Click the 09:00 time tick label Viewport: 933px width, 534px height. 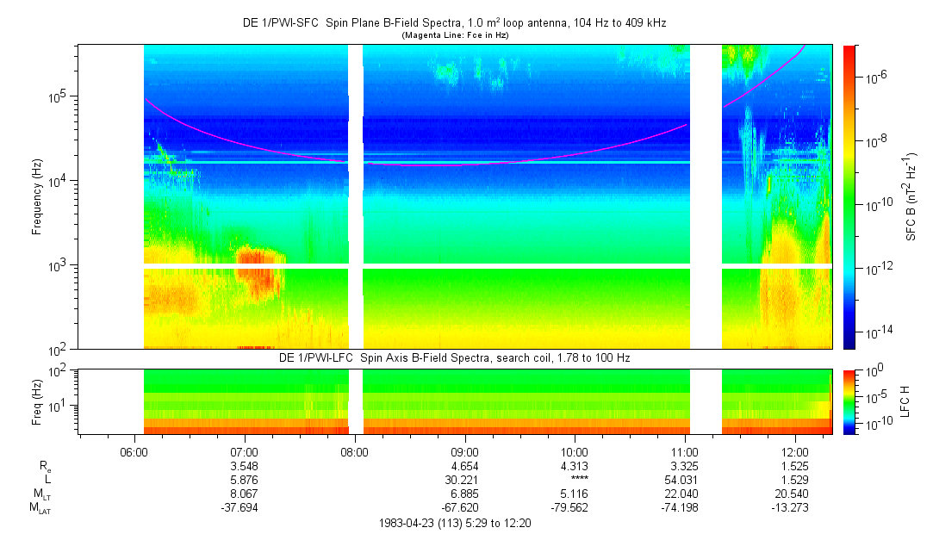pos(464,451)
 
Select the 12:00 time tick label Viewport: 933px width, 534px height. pos(794,451)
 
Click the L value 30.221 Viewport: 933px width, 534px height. pos(464,480)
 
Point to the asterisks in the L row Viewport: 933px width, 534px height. pos(575,480)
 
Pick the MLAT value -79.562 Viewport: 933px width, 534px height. pos(575,507)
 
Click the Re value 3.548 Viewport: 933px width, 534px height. pos(245,466)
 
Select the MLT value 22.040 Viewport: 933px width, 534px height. pos(684,494)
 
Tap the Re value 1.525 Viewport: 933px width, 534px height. pos(794,466)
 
